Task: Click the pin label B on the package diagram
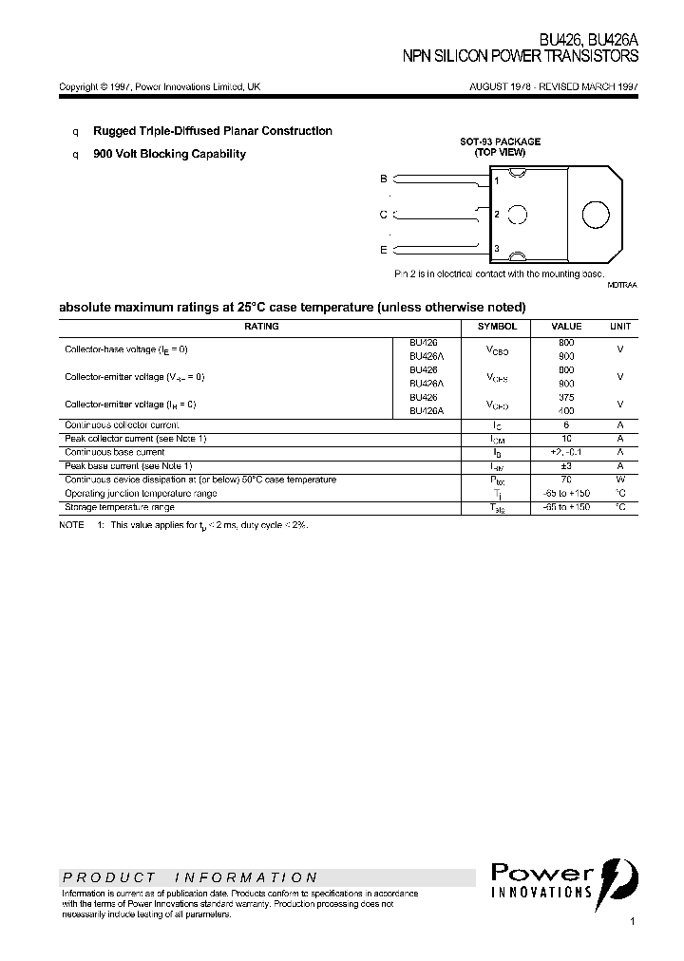pyautogui.click(x=384, y=179)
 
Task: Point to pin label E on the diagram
pyautogui.click(x=384, y=250)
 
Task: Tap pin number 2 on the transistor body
pyautogui.click(x=497, y=215)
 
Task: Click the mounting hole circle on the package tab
pyautogui.click(x=596, y=214)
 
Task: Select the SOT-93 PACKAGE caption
pyautogui.click(x=500, y=141)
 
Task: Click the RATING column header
pyautogui.click(x=261, y=327)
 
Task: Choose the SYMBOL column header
pyautogui.click(x=498, y=327)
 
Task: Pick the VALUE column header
pyautogui.click(x=566, y=327)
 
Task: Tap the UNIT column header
pyautogui.click(x=619, y=327)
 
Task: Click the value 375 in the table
pyautogui.click(x=566, y=398)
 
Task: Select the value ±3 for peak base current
pyautogui.click(x=566, y=466)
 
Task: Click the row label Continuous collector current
pyautogui.click(x=121, y=424)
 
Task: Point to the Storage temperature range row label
pyautogui.click(x=119, y=507)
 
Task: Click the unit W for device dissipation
pyautogui.click(x=619, y=480)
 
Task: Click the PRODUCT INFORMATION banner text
pyautogui.click(x=190, y=877)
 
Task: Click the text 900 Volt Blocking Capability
pyautogui.click(x=169, y=154)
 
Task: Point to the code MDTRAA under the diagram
pyautogui.click(x=622, y=285)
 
